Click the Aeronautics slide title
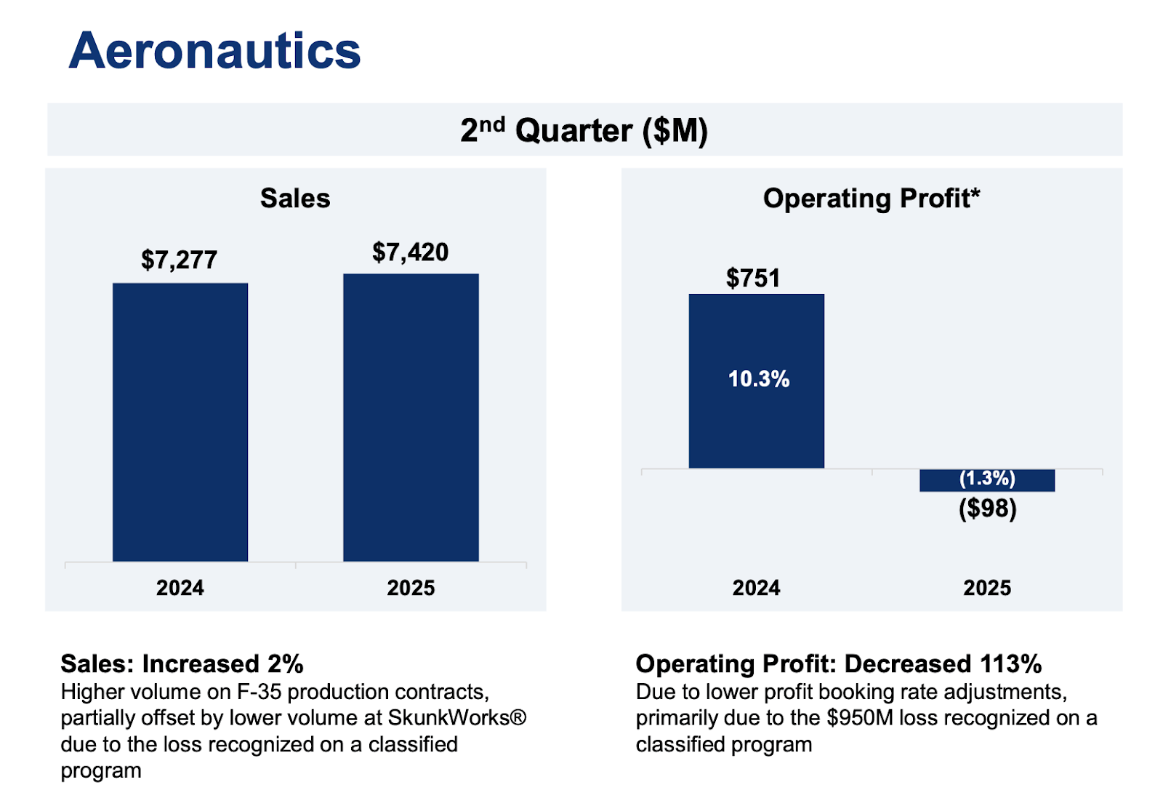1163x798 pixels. click(214, 51)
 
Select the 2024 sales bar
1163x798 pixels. click(180, 422)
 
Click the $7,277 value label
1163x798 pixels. click(179, 260)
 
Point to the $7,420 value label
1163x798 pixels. click(410, 252)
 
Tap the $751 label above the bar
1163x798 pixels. click(753, 278)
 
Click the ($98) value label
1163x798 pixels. click(987, 508)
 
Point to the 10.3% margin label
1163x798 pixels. click(758, 379)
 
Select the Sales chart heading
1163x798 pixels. click(295, 198)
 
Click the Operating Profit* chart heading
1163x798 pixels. click(871, 198)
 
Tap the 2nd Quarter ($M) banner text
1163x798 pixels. click(584, 130)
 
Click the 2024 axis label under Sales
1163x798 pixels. click(180, 588)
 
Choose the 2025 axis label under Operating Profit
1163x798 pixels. click(986, 588)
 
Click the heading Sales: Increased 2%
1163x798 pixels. click(182, 663)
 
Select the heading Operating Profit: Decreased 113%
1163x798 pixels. click(838, 663)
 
